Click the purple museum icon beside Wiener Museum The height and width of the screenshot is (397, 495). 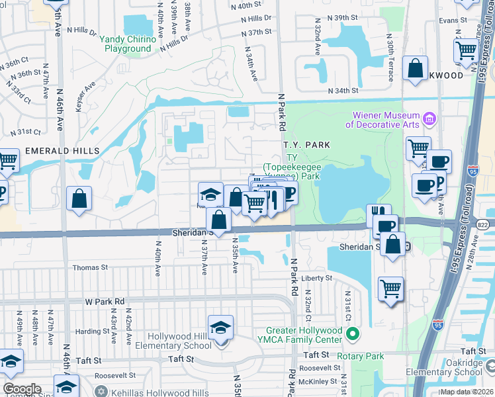pyautogui.click(x=429, y=119)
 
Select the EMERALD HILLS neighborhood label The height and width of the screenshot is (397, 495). pyautogui.click(x=62, y=151)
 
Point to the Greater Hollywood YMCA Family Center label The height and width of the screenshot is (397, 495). pyautogui.click(x=304, y=335)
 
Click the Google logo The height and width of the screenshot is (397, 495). pyautogui.click(x=22, y=389)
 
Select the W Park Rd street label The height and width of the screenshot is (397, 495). pyautogui.click(x=105, y=301)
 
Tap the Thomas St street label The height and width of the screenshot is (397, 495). pyautogui.click(x=90, y=267)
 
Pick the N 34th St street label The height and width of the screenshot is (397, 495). pyautogui.click(x=343, y=91)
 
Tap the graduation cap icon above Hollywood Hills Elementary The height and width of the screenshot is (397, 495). pyautogui.click(x=220, y=326)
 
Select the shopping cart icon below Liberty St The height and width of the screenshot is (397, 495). pyautogui.click(x=391, y=288)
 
